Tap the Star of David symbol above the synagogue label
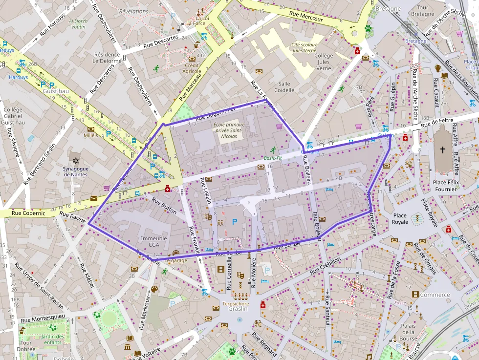click(x=75, y=160)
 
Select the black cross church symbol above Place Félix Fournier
click(x=443, y=150)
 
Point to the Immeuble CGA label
click(x=154, y=242)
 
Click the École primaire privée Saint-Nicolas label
click(x=229, y=130)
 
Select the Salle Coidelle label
click(x=284, y=87)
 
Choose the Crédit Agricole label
click(x=192, y=68)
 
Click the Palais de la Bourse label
click(x=408, y=332)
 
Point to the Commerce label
click(x=435, y=295)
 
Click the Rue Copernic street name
click(x=28, y=213)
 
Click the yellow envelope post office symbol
click(x=93, y=198)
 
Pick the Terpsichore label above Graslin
click(x=236, y=303)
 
